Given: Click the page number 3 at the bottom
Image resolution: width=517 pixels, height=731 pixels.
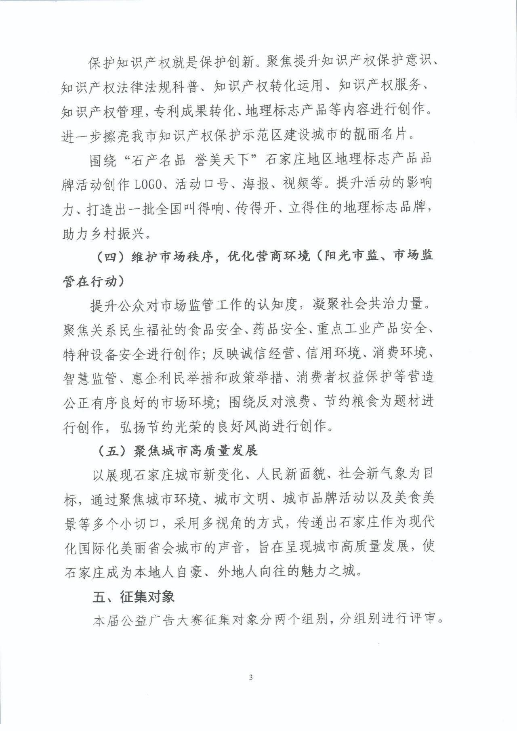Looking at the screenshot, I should [251, 677].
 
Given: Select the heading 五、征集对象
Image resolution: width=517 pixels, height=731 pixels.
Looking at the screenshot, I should [133, 597].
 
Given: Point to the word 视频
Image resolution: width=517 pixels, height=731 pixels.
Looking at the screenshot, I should [296, 184].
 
